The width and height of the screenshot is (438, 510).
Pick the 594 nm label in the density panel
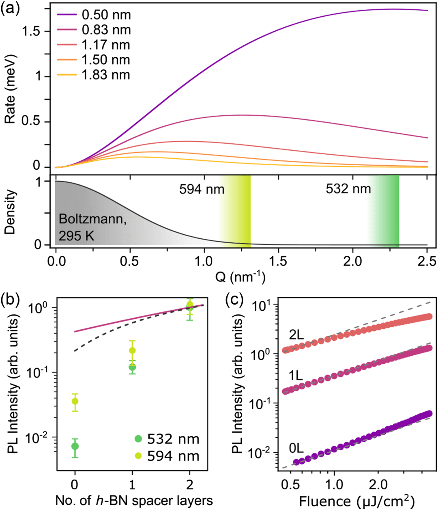[202, 189]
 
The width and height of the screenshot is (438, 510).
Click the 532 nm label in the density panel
[348, 189]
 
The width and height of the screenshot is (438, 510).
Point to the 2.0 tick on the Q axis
[353, 261]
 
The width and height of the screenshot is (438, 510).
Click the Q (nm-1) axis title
[240, 278]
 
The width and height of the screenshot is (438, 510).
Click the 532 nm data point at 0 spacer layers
[75, 446]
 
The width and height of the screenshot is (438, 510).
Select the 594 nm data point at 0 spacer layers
[75, 402]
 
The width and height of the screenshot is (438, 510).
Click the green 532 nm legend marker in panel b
[138, 439]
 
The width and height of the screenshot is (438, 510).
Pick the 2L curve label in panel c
[296, 335]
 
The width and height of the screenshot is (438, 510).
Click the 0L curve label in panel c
[296, 448]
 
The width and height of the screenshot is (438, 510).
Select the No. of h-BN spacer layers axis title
[134, 501]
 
